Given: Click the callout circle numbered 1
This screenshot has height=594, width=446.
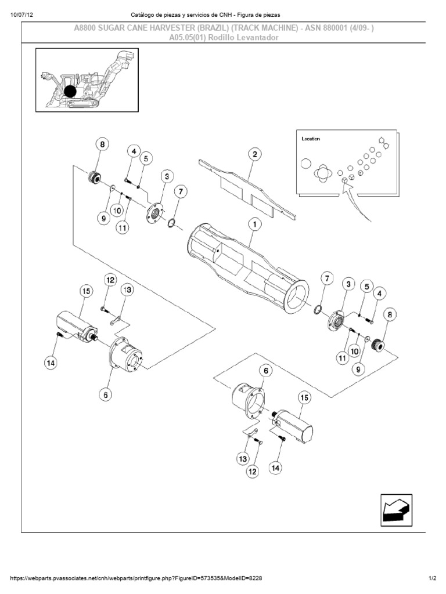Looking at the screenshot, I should click(254, 223).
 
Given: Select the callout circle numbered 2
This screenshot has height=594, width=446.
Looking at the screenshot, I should click(254, 154).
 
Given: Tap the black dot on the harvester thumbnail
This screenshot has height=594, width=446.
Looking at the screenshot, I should click(70, 92).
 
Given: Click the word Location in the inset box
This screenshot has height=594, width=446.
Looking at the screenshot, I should click(311, 139).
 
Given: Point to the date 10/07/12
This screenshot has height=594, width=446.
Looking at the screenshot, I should click(21, 14).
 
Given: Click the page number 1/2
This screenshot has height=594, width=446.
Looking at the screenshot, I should click(433, 578).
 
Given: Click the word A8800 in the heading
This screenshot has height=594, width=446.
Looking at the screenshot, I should click(88, 28).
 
